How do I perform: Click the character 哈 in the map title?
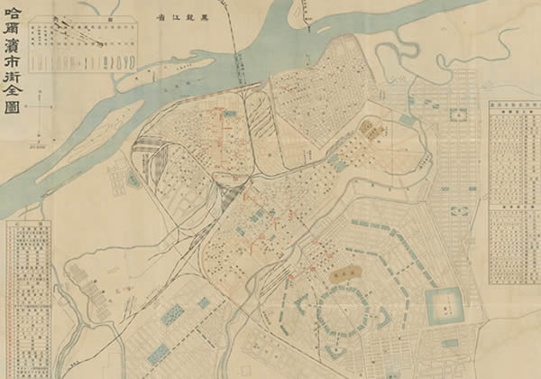14,13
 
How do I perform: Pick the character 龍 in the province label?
183,18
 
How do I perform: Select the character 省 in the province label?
161,18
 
